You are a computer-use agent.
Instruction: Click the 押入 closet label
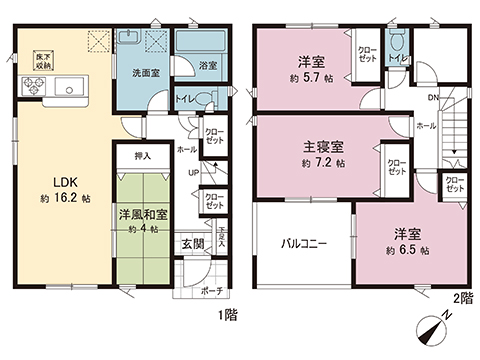(142, 156)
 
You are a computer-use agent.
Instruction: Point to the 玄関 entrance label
(192, 243)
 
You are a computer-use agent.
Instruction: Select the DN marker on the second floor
(432, 97)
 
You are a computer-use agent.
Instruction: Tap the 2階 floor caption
(462, 297)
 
